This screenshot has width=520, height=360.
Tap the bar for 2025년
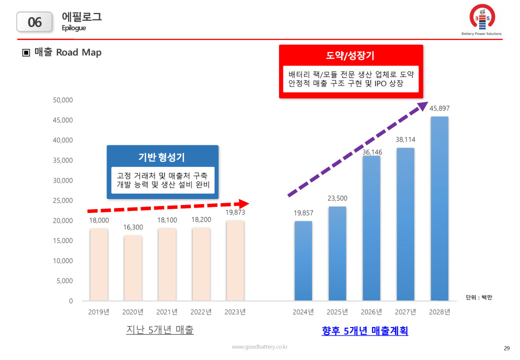click(337, 253)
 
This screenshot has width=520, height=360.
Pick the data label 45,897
click(439, 108)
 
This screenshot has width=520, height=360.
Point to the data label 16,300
click(133, 227)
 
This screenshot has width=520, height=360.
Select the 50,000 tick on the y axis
click(63, 100)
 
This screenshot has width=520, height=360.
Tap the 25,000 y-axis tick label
click(63, 200)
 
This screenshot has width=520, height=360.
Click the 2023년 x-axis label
click(235, 312)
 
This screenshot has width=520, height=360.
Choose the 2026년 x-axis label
click(371, 312)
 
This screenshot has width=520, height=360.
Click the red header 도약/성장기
click(350, 55)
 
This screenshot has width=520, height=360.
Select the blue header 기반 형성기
click(162, 157)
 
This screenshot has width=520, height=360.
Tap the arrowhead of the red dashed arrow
click(243, 203)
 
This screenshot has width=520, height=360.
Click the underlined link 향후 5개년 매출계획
click(364, 331)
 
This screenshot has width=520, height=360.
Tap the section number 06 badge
click(35, 22)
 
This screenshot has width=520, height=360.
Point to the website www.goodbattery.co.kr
click(259, 346)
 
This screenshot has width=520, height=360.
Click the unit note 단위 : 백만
click(478, 297)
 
